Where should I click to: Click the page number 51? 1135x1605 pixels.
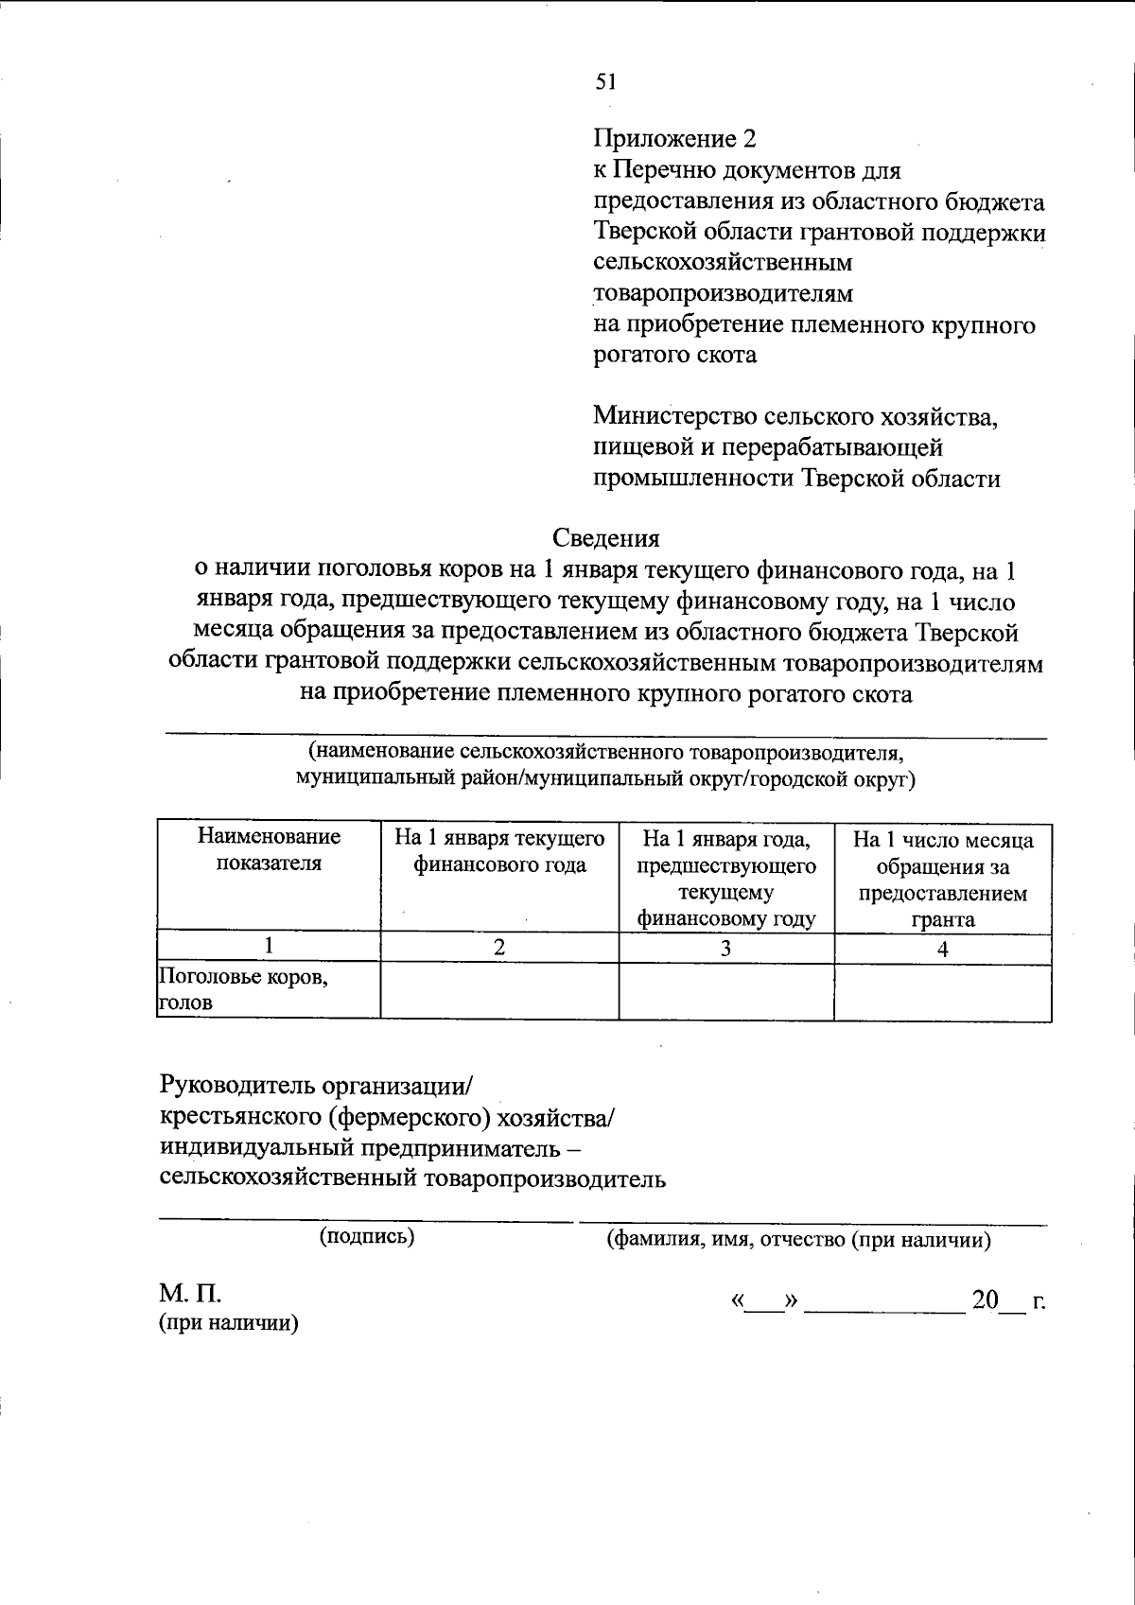coord(605,82)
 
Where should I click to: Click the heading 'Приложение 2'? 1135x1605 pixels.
coord(675,139)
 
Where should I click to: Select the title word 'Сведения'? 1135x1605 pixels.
coord(605,538)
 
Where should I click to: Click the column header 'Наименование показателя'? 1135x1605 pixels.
coord(269,849)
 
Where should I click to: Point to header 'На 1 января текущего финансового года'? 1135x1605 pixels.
coord(499,851)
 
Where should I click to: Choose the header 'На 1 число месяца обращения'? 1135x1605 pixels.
coord(943,879)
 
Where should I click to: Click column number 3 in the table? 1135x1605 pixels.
coord(725,949)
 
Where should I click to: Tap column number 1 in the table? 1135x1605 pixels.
coord(269,946)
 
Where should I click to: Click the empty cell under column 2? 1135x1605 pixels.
coord(499,990)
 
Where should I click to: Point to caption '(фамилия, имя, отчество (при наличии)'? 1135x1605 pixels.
coord(798,1240)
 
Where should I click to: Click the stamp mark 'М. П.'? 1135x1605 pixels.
coord(189,1294)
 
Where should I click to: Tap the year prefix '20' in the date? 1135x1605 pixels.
coord(985,1300)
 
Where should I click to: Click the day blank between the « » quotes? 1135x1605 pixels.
coord(764,1302)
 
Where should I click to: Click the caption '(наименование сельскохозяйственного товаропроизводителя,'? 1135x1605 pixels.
coord(606,753)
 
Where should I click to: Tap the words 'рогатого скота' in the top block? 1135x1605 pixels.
coord(674,355)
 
